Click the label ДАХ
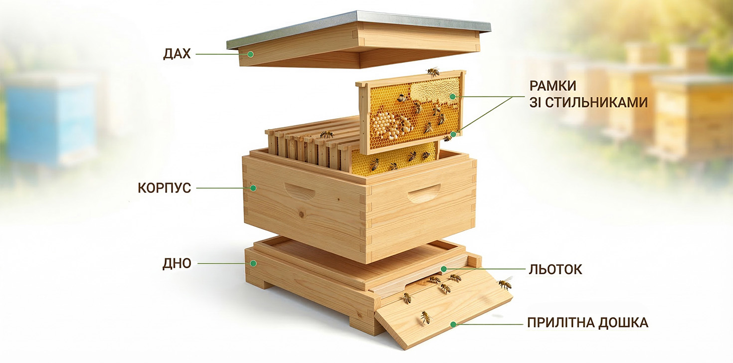tap(177, 54)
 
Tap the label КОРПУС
tap(164, 189)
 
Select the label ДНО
tap(177, 264)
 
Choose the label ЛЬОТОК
tap(555, 270)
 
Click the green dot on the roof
tap(251, 54)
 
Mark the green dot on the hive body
tap(253, 188)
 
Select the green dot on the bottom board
tap(253, 263)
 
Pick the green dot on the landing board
tap(453, 324)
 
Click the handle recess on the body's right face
tap(424, 193)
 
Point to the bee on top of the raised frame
tap(433, 72)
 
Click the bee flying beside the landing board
tap(505, 284)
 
